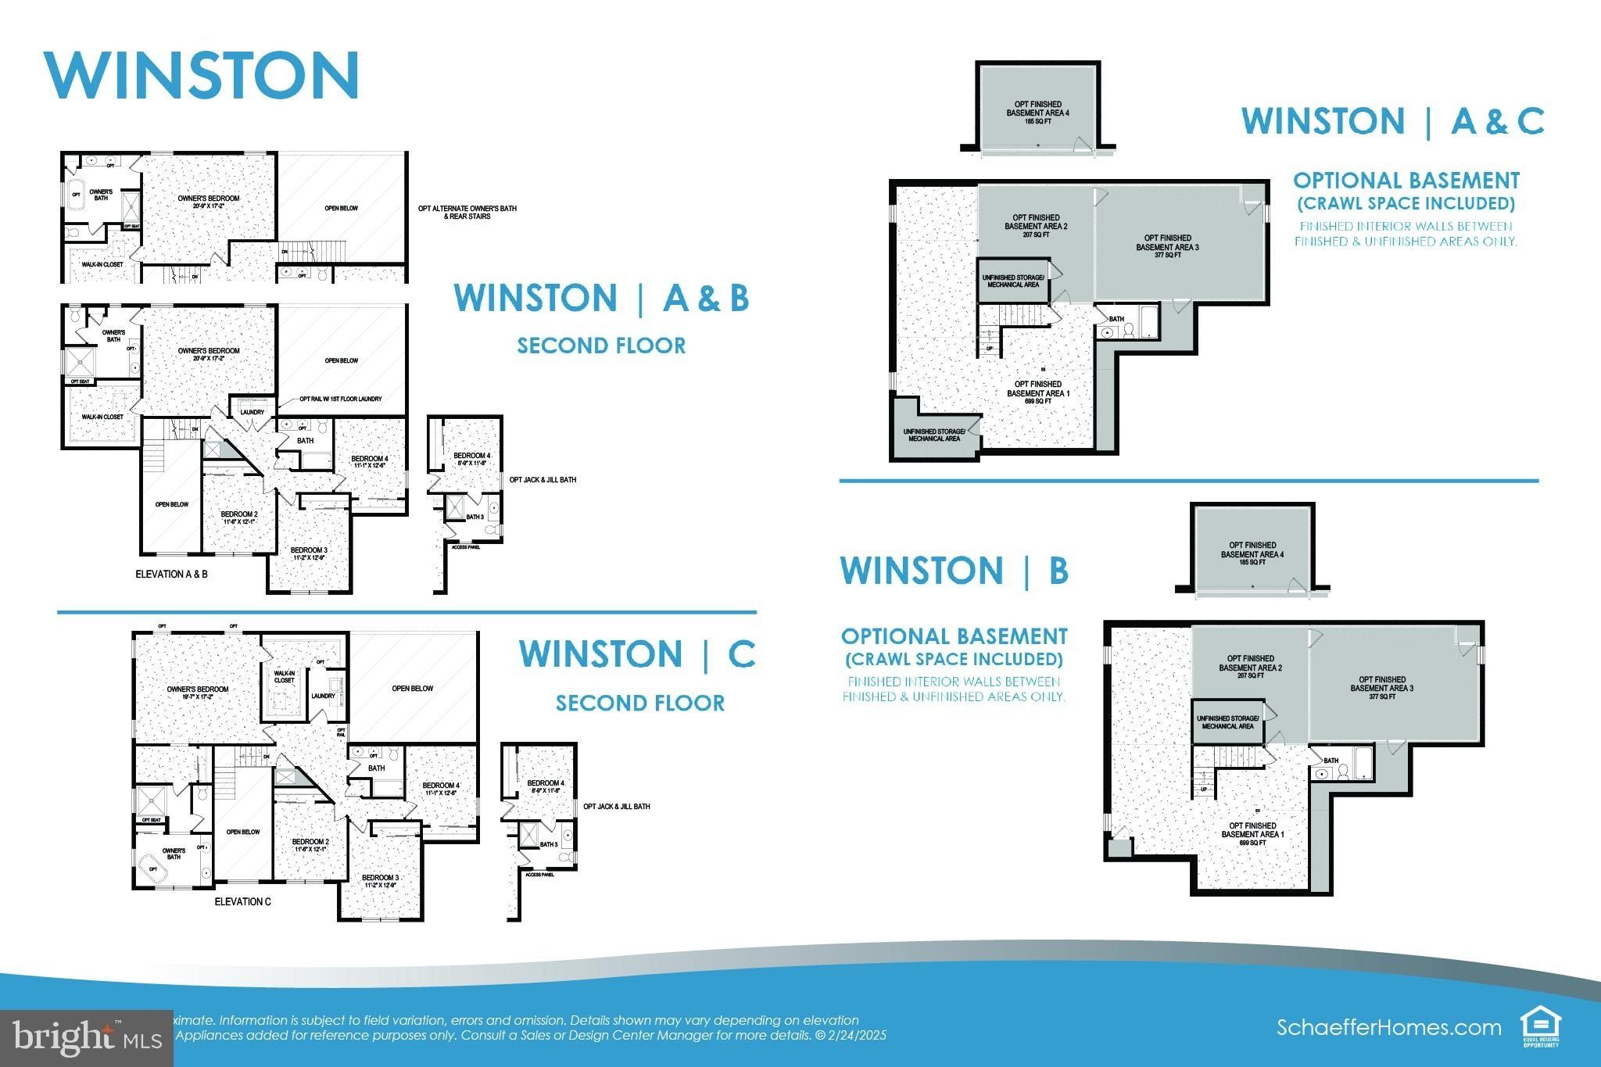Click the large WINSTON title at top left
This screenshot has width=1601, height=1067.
(x=202, y=75)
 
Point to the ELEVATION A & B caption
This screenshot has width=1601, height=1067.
(x=172, y=574)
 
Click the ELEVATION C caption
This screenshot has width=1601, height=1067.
(x=242, y=901)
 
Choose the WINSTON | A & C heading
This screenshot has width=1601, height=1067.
(x=1392, y=121)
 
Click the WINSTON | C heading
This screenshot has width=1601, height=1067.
(x=637, y=654)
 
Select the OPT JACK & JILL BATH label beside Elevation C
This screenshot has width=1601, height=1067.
(x=616, y=806)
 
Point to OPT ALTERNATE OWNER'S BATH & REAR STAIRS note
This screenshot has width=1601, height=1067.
(x=467, y=212)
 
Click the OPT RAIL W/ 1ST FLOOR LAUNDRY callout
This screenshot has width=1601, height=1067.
(x=341, y=399)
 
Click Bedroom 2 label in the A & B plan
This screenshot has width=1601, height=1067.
(x=239, y=517)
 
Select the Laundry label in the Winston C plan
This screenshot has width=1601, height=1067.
(x=323, y=696)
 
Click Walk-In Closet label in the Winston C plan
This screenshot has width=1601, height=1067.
(x=284, y=676)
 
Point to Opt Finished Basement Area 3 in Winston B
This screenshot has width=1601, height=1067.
(x=1381, y=684)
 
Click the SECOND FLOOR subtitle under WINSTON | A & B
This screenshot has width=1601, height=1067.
(x=601, y=346)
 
